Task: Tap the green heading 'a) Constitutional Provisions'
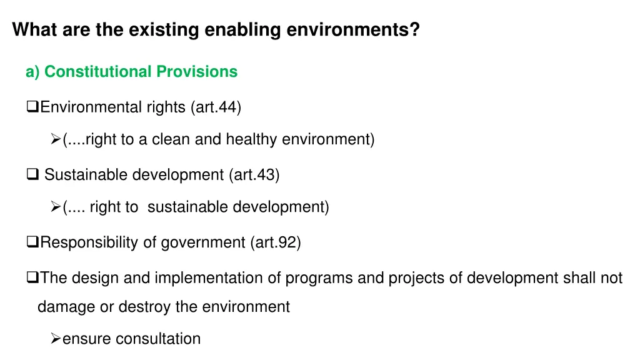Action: [131, 72]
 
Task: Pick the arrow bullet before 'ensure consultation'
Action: [55, 339]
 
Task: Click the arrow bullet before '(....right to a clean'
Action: [55, 139]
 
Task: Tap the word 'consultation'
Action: [158, 339]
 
